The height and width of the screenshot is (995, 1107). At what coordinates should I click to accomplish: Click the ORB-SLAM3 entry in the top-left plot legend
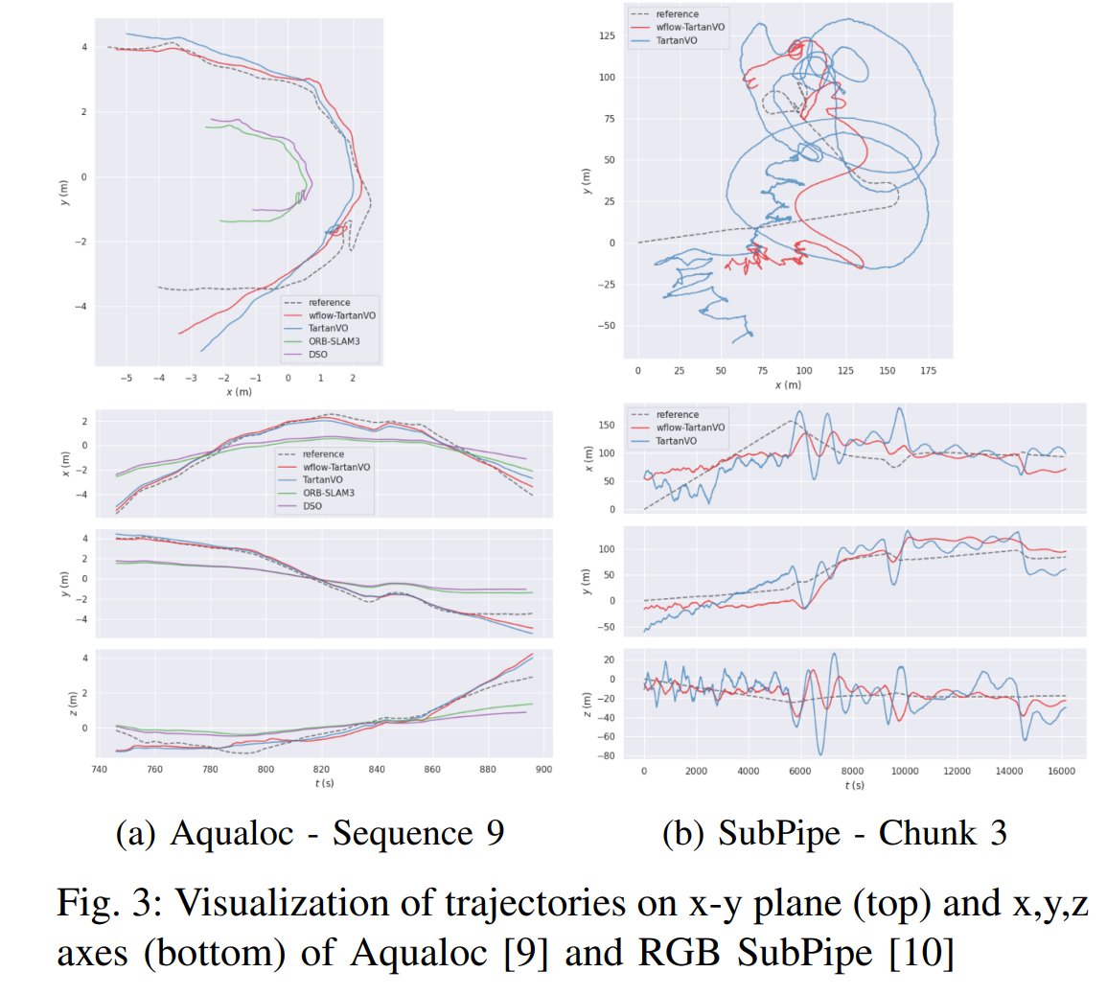tap(334, 341)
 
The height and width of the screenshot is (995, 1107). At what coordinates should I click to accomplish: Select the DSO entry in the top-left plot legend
tap(317, 354)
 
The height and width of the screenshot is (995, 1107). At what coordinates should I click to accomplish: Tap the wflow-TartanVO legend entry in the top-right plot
tap(690, 27)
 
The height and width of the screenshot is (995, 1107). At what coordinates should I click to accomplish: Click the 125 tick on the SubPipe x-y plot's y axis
tap(607, 36)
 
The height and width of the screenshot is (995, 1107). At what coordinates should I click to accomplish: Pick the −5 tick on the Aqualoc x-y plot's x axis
tap(127, 378)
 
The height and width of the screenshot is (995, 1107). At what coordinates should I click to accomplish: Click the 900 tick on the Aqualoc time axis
tap(543, 769)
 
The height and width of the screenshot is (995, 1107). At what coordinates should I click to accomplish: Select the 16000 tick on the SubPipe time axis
tap(1061, 771)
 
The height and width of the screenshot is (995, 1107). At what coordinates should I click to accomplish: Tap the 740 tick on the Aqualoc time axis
tap(99, 769)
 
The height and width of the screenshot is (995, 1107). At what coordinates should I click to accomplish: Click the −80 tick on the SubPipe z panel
tap(606, 756)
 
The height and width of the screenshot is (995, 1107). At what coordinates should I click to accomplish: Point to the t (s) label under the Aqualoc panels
tap(324, 783)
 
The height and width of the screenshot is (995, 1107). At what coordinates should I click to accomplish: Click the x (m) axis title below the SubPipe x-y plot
tap(787, 385)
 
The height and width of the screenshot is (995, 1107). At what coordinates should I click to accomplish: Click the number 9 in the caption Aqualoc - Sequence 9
tap(494, 833)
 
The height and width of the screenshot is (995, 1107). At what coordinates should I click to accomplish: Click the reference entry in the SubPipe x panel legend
tap(678, 415)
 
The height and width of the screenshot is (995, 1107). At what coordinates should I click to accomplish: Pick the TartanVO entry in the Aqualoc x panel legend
tap(323, 480)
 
